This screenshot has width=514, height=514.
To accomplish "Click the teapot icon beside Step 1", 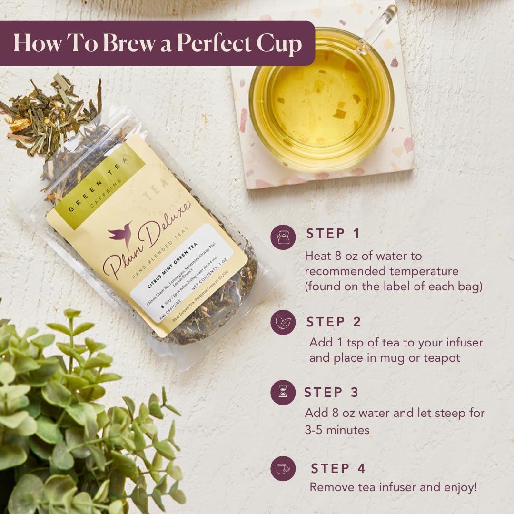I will [283, 237].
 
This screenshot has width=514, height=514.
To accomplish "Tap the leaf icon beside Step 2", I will [283, 322].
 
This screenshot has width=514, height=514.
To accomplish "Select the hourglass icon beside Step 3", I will [283, 392].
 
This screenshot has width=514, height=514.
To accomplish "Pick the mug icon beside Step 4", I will [283, 468].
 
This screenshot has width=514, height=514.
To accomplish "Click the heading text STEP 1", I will [333, 234].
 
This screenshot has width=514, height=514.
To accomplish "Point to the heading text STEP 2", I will [334, 322].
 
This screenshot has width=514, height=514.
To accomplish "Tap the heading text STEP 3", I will [331, 392].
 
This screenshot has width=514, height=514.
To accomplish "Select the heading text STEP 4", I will [338, 468].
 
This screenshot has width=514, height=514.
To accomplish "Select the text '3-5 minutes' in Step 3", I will [337, 430].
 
